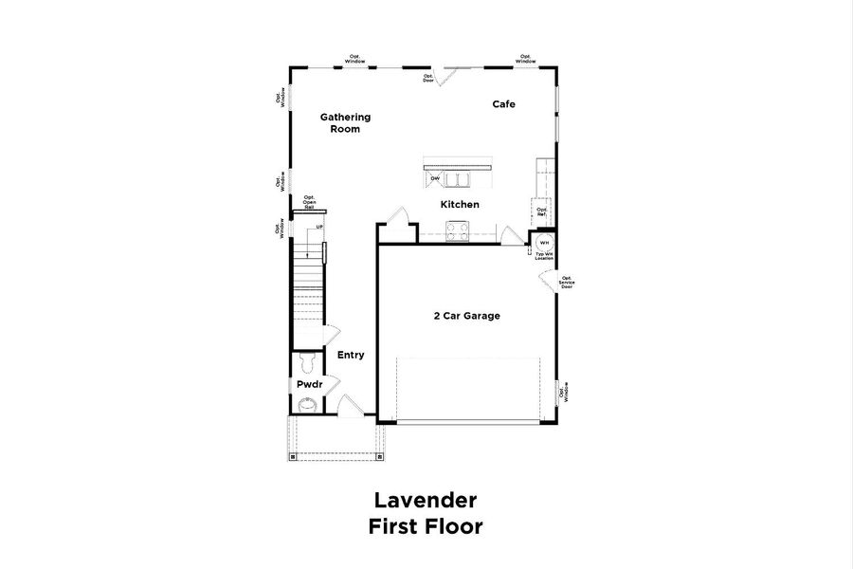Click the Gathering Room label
[345, 123]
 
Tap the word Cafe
[503, 104]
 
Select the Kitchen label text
[460, 205]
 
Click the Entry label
[351, 355]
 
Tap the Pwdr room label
[309, 385]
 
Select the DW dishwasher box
[435, 178]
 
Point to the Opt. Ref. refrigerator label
[541, 211]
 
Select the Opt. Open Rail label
[309, 202]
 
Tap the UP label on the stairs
[319, 228]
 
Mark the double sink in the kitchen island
[460, 179]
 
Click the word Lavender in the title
[426, 500]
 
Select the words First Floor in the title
[426, 526]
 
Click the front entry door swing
[349, 405]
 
